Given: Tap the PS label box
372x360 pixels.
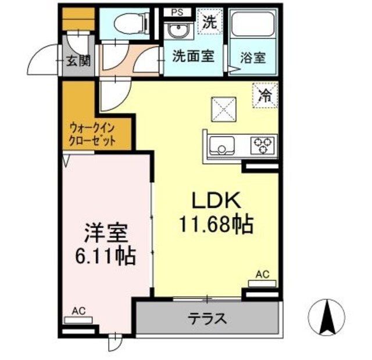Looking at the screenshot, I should (x=175, y=12).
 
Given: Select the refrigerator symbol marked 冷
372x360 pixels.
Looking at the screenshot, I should (x=265, y=95).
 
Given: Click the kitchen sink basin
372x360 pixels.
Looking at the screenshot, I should (x=221, y=145).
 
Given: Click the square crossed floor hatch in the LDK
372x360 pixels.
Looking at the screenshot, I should (x=223, y=109).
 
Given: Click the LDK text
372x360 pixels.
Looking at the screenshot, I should (x=217, y=201).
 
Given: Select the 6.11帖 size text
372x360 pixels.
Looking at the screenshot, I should (x=105, y=255).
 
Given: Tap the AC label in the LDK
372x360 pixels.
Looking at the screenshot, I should (x=262, y=275).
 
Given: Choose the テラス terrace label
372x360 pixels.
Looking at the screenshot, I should (x=207, y=318).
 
